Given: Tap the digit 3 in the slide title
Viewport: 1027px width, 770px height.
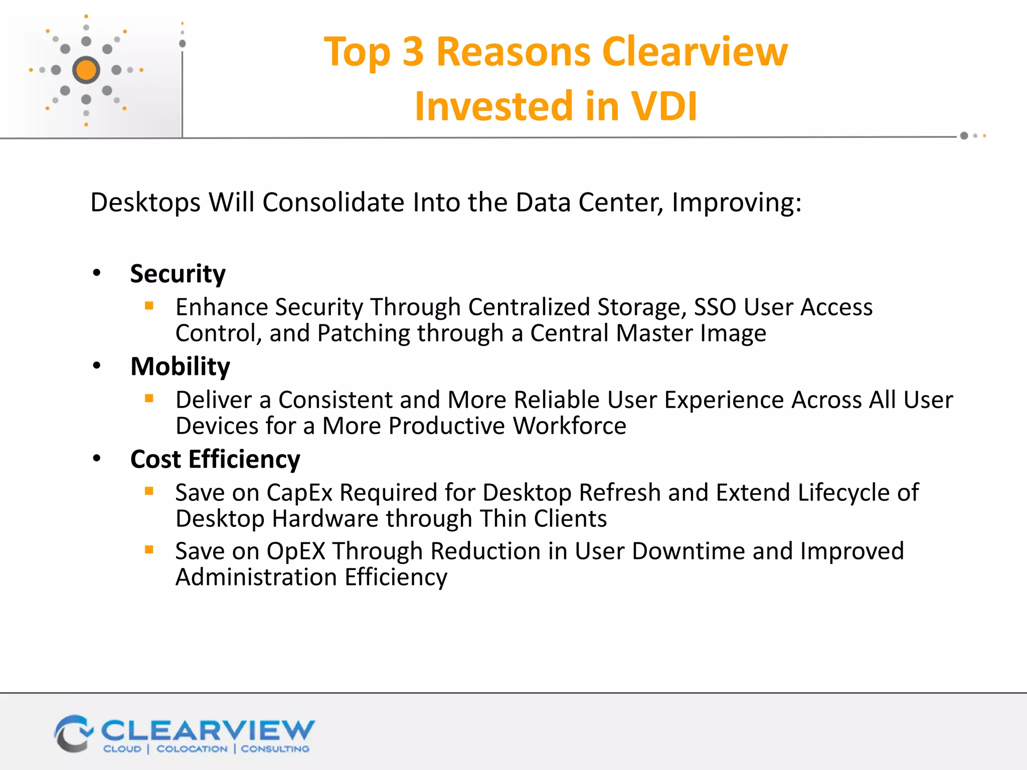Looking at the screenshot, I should tap(413, 52).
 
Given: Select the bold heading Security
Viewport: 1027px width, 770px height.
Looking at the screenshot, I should tap(178, 274).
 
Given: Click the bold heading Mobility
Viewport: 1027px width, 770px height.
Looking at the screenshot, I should tap(180, 366).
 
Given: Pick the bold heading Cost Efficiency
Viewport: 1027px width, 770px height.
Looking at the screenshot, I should tap(215, 459).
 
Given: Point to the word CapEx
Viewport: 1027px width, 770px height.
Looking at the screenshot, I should tap(299, 493).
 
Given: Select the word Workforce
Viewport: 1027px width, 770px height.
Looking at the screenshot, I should tap(569, 426).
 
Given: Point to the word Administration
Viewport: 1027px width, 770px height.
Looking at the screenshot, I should tap(256, 577).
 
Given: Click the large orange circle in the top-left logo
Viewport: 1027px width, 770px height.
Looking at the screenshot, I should tap(86, 70).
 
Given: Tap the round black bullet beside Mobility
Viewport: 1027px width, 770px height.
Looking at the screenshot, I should tap(97, 366).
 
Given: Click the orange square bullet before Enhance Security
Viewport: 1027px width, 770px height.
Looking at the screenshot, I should tap(149, 305).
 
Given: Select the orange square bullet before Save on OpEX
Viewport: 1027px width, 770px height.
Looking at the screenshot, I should tap(149, 549).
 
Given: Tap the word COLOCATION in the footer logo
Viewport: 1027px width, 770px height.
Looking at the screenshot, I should tap(192, 749).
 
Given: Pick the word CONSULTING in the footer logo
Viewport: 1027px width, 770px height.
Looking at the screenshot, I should tap(275, 749).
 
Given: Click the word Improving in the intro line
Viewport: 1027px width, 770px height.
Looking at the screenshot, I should tap(736, 203).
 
